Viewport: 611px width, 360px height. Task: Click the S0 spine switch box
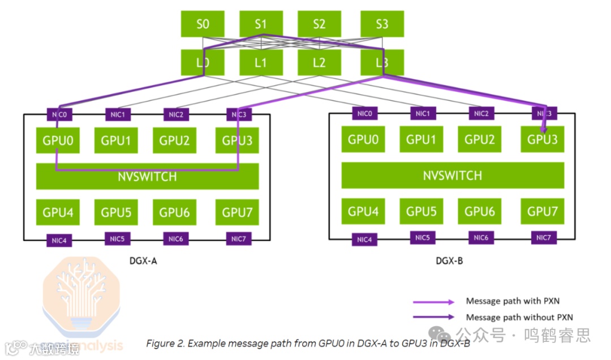(203, 24)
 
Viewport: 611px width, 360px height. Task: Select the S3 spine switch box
(382, 24)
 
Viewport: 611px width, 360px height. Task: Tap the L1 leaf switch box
(260, 63)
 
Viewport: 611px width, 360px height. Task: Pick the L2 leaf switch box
(319, 63)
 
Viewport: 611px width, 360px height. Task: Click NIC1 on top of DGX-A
(118, 115)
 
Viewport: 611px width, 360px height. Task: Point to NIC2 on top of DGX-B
(481, 114)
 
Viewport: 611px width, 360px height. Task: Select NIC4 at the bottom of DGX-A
(60, 241)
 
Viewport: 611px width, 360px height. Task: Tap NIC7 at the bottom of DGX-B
(543, 238)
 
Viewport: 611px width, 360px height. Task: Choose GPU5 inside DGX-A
(116, 213)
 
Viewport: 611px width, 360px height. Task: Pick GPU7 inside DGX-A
(237, 213)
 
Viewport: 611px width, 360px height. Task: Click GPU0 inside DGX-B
(363, 139)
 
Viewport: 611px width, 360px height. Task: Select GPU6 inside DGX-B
(480, 211)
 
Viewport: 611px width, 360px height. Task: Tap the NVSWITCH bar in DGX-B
(453, 175)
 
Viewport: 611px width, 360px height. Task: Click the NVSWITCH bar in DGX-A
(147, 177)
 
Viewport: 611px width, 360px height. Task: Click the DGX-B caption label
(450, 261)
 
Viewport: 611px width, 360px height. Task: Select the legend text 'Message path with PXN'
(513, 301)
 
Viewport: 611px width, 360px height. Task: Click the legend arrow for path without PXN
(433, 317)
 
